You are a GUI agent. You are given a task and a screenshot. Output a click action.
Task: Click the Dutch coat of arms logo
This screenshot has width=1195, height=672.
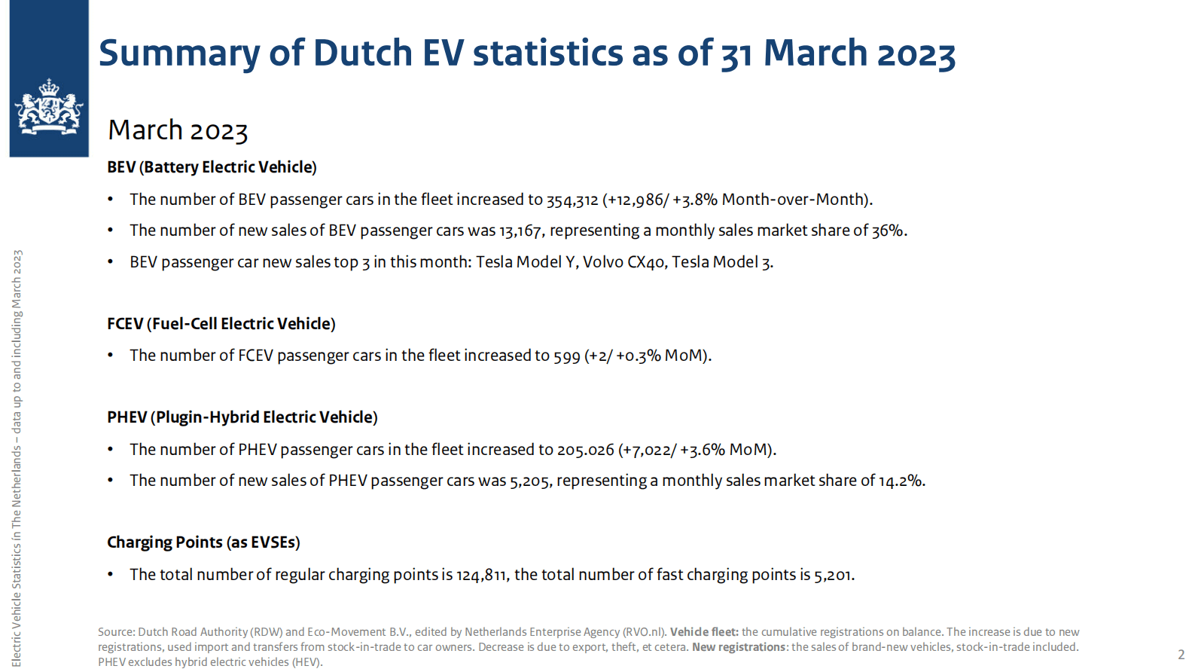[x=49, y=108]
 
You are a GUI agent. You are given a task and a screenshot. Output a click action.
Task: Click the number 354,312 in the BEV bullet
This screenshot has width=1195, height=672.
[x=572, y=200]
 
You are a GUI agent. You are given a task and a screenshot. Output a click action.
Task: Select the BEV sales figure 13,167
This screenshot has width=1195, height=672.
[x=520, y=231]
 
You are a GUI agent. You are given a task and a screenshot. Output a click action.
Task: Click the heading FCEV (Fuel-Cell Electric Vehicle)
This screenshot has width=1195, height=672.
[x=221, y=324]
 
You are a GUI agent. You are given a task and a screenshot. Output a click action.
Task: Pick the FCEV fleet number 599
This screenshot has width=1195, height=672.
[x=566, y=356]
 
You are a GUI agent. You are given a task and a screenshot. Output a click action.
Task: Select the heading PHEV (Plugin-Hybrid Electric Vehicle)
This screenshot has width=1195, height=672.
[x=242, y=417]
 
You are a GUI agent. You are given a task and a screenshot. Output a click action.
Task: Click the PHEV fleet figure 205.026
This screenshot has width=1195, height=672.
[x=585, y=450]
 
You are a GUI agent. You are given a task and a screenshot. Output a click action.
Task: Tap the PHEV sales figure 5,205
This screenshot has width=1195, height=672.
[x=529, y=481]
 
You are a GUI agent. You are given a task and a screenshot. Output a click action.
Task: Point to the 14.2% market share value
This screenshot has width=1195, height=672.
[x=901, y=481]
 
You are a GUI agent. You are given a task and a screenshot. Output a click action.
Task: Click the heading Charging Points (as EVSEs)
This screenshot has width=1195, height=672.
[x=203, y=542]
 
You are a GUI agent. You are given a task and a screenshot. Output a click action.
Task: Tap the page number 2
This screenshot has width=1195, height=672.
[x=1181, y=655]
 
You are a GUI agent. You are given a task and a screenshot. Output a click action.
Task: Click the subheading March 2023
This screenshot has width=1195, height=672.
[x=178, y=130]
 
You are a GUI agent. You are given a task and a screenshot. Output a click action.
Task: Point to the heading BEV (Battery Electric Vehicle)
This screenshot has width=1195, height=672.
[x=212, y=167]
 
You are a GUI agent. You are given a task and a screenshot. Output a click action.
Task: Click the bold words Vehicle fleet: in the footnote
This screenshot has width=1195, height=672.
[x=704, y=632]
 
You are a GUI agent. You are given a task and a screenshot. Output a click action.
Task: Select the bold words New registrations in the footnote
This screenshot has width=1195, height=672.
[x=739, y=647]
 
